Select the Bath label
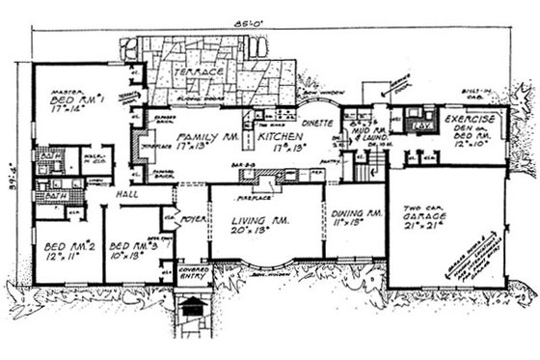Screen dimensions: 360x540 tap(44, 195)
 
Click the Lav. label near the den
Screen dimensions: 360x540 tap(418, 126)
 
